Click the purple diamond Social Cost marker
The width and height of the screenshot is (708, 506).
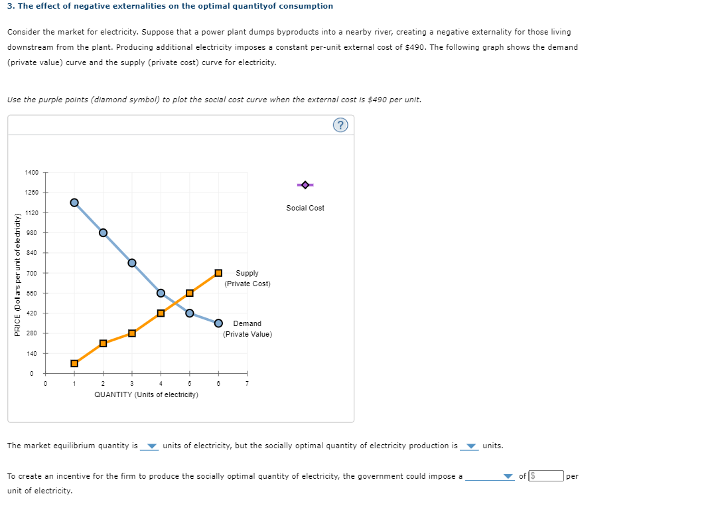tap(305, 185)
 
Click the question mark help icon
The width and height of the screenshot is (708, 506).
tap(340, 126)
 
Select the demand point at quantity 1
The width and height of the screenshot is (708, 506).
tap(74, 203)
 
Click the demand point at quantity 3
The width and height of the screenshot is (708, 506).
tap(132, 262)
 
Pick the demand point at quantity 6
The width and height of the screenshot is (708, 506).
tap(218, 323)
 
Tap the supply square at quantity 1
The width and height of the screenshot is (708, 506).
tap(74, 363)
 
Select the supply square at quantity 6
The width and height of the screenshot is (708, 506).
tap(218, 273)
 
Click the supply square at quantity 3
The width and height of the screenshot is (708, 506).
tap(132, 333)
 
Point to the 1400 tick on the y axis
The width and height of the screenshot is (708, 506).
tap(32, 173)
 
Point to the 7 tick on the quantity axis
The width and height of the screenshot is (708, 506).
tap(247, 383)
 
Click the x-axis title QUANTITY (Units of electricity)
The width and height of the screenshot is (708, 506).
tap(146, 394)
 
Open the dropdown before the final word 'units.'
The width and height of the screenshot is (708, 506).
tap(471, 446)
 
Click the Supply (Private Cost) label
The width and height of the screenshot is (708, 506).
tap(247, 278)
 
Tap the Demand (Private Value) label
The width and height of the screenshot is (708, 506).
tap(247, 329)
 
